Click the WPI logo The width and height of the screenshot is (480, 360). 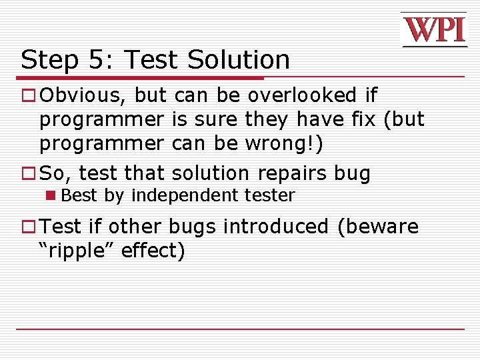pos(433,30)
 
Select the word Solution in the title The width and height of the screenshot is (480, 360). pos(238,60)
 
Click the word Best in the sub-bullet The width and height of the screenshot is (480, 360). pos(80,195)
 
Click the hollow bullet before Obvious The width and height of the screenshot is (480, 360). pos(28,96)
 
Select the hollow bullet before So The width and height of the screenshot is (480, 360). pos(28,173)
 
